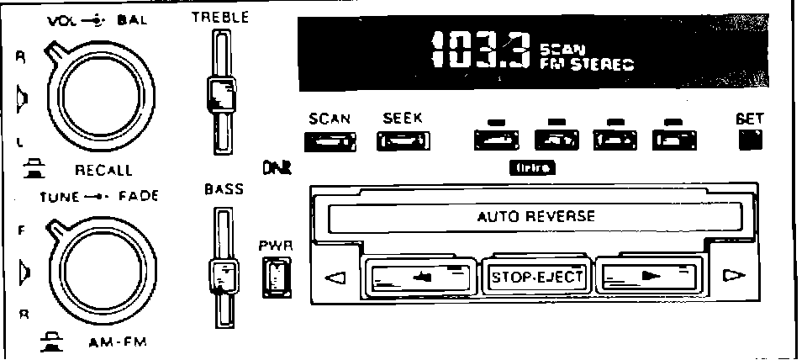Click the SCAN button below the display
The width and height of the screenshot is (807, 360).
click(x=330, y=142)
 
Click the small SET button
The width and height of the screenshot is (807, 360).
click(x=749, y=140)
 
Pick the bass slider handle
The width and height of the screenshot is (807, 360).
click(x=221, y=277)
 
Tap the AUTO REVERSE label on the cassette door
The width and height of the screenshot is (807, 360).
click(x=535, y=216)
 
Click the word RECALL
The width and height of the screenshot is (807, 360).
click(x=103, y=170)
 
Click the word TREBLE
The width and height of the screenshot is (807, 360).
click(x=220, y=17)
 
